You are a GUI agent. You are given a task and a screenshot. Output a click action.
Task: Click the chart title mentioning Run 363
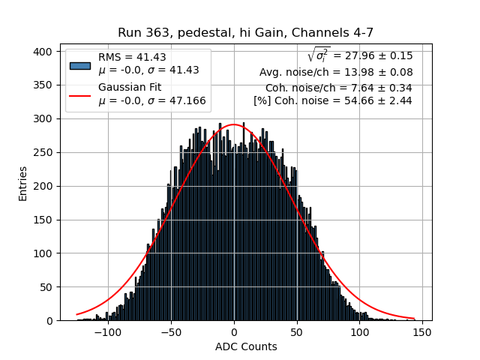point(245,33)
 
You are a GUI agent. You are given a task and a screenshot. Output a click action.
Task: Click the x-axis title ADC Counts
point(245,346)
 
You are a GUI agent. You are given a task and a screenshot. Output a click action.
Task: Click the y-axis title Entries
point(23,183)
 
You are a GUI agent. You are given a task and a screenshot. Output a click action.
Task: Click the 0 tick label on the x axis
point(234,332)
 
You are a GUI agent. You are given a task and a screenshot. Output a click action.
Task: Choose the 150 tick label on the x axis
point(421,332)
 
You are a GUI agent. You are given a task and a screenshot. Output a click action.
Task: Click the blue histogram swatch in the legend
point(79,64)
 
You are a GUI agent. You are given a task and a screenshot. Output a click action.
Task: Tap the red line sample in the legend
point(79,95)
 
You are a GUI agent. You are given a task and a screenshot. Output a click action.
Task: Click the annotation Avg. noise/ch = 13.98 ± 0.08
point(335,72)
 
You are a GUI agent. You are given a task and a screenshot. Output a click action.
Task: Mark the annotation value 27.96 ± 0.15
point(373,55)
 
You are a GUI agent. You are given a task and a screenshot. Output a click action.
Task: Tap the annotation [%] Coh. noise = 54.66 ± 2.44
point(332,100)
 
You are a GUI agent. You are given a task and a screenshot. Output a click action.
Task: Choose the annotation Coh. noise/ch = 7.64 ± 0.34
point(338,88)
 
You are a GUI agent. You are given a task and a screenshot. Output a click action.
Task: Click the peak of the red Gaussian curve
point(234,124)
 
